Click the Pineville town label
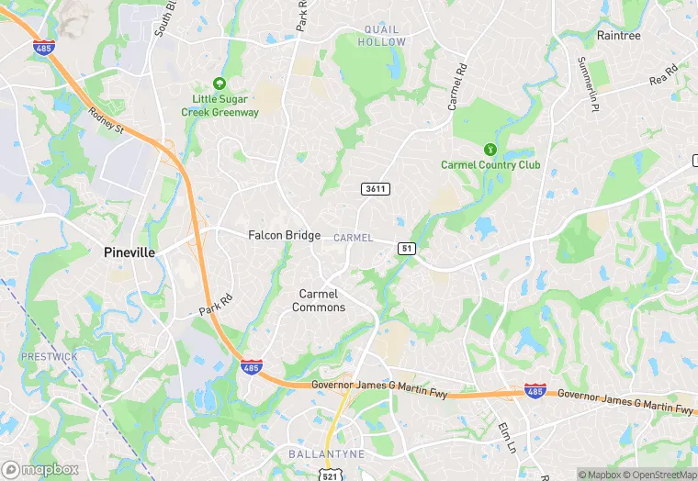click(129, 252)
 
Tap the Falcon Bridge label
click(284, 235)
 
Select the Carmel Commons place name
click(319, 300)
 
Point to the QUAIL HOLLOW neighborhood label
click(381, 36)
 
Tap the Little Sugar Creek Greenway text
click(225, 106)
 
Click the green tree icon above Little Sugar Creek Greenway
click(219, 83)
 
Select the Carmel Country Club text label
click(490, 165)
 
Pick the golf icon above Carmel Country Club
click(490, 149)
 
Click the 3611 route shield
click(376, 189)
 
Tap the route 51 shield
click(407, 249)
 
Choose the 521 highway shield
click(329, 474)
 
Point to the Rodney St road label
click(107, 121)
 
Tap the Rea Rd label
click(663, 75)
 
